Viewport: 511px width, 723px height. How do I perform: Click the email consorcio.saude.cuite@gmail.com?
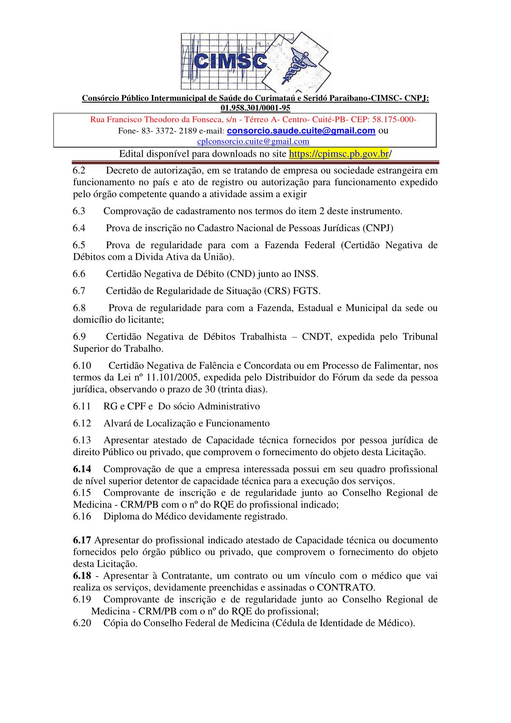301,131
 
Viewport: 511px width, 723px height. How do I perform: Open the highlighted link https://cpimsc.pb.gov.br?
339,154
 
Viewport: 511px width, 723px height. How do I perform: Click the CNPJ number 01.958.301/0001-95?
255,108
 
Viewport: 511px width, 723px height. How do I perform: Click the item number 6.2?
79,171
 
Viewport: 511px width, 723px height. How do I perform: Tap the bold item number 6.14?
82,469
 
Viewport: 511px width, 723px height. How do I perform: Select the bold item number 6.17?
82,540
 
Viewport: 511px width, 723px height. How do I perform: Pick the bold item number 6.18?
82,576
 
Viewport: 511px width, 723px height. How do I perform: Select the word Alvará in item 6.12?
117,423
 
